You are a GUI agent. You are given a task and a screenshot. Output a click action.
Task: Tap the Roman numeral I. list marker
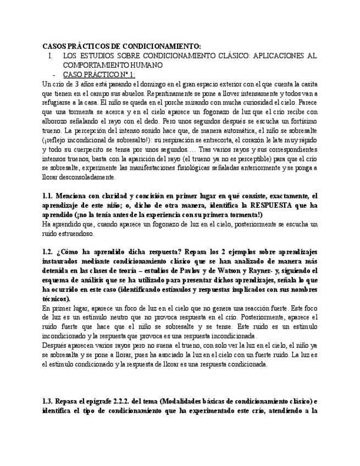tap(51, 56)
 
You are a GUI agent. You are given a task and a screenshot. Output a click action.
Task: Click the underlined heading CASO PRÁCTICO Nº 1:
tap(99, 74)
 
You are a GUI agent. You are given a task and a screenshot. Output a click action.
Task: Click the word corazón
tap(261, 140)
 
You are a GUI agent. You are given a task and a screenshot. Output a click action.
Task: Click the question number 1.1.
tap(47, 196)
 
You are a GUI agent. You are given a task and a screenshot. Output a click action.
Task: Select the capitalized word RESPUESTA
tap(259, 205)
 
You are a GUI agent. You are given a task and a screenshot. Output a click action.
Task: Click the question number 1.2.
tap(47, 252)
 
